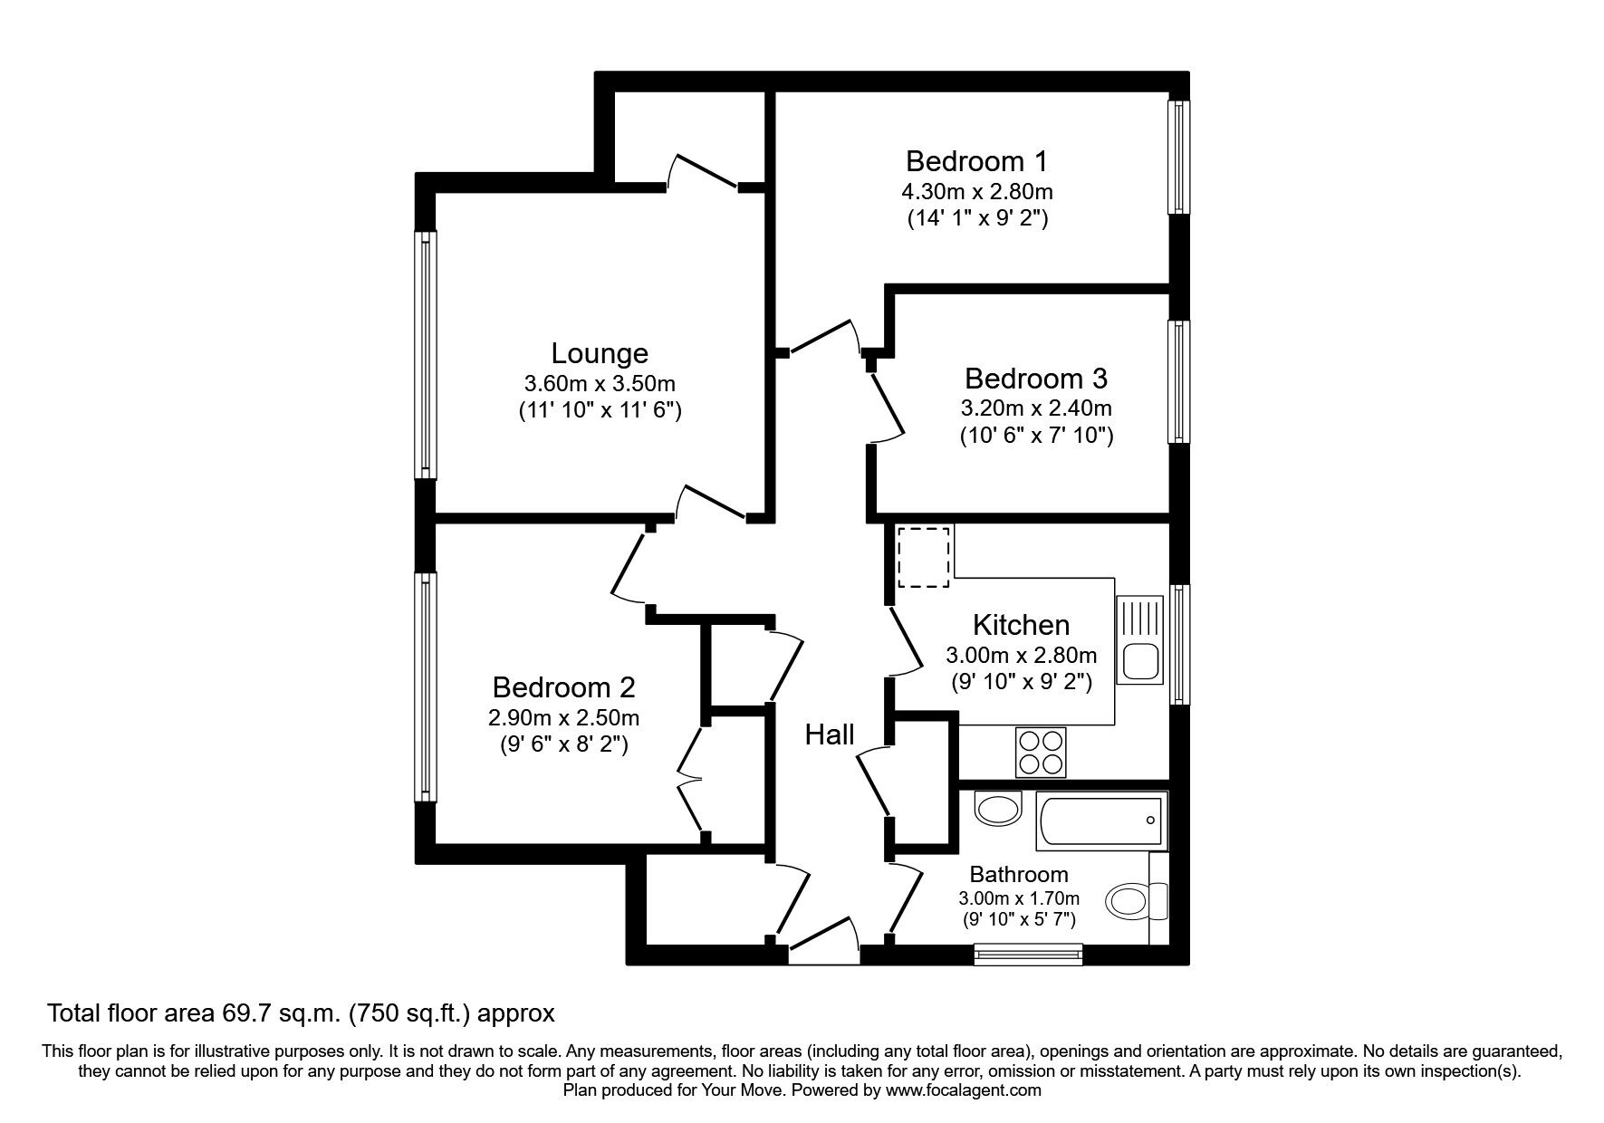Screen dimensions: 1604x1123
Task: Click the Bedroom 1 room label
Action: pyautogui.click(x=976, y=161)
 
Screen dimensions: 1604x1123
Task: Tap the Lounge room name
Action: pyautogui.click(x=600, y=353)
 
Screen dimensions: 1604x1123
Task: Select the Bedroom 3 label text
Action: pyautogui.click(x=1036, y=378)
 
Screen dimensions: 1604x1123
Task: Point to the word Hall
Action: pyautogui.click(x=830, y=734)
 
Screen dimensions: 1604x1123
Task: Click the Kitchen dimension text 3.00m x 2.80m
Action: pyautogui.click(x=1021, y=655)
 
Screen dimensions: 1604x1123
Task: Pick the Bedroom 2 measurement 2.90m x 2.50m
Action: pyautogui.click(x=563, y=718)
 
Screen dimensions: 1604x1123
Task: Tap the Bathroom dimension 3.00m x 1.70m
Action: pyautogui.click(x=1019, y=898)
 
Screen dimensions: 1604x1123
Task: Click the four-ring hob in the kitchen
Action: pyautogui.click(x=1041, y=753)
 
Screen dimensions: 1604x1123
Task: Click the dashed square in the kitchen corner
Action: pyautogui.click(x=924, y=556)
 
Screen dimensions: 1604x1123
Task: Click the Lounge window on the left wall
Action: pyautogui.click(x=426, y=354)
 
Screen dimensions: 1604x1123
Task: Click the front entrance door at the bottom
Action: pyautogui.click(x=824, y=942)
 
